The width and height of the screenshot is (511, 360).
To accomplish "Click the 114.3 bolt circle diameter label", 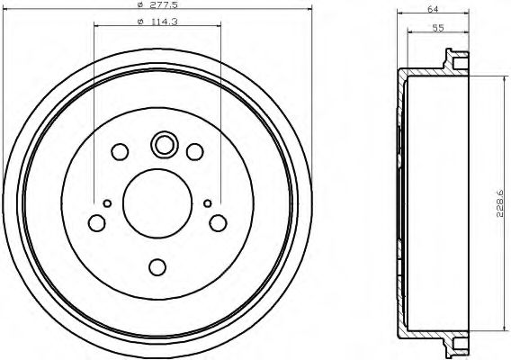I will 163,22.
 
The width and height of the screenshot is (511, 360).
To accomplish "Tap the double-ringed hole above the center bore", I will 164,144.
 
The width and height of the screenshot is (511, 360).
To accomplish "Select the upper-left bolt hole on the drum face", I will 121,150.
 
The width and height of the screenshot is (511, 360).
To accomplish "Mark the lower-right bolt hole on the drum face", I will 217,221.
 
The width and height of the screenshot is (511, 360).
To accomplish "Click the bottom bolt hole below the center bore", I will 157,266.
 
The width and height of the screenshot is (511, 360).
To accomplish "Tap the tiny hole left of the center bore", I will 107,203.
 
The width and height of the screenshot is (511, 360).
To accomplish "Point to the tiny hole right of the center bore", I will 207,203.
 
